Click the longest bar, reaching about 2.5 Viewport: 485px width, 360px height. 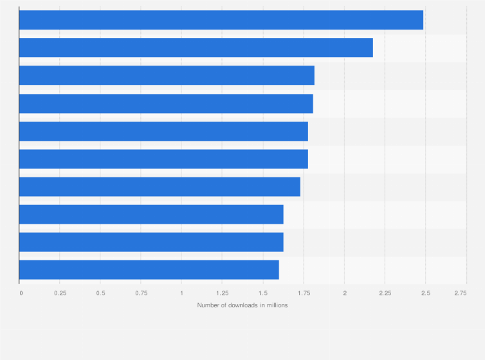221,20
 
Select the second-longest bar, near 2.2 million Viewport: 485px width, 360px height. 196,48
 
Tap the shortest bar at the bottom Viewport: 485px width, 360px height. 149,270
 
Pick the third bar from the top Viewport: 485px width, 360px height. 167,75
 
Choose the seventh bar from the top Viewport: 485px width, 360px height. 160,186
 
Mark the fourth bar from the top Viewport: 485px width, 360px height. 166,104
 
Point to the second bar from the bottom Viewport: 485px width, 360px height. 151,242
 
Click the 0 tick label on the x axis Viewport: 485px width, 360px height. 21,293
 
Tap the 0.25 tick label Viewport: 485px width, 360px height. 60,293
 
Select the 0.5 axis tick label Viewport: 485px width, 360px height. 100,293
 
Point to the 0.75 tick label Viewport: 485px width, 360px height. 141,293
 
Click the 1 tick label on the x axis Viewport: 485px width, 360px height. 181,293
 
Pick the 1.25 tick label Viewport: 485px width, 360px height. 222,293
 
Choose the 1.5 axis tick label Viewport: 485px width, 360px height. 263,293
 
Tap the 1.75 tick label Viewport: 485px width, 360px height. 304,293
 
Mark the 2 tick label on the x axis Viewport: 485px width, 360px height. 344,293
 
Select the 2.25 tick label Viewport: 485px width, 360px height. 385,293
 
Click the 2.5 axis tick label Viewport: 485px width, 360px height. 425,293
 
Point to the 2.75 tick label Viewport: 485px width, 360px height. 461,293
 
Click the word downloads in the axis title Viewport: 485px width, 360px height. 242,305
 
